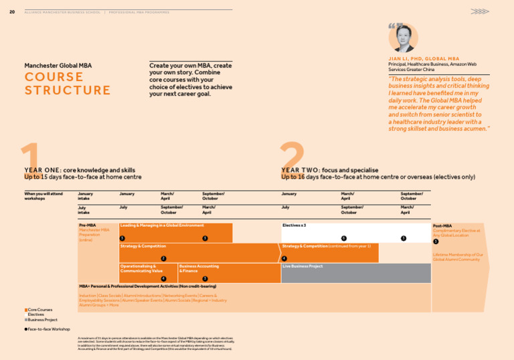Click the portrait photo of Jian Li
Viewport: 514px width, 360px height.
point(403,38)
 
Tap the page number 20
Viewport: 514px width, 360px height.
point(12,11)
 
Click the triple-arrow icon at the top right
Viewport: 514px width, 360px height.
point(479,11)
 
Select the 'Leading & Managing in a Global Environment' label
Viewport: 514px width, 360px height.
point(162,226)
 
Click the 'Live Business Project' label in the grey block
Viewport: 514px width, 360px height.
point(303,266)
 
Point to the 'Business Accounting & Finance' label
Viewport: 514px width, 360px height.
point(199,268)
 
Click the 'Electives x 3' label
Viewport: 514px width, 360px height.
point(294,226)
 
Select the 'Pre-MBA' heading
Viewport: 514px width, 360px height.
point(87,226)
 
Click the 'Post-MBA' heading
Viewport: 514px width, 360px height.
point(442,226)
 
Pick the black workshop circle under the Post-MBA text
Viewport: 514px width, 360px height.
point(436,242)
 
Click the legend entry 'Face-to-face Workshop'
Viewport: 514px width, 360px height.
point(48,329)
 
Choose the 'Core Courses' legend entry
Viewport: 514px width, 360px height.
point(40,310)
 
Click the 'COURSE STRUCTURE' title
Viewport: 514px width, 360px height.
point(68,84)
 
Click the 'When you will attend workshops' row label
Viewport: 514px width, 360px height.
point(44,196)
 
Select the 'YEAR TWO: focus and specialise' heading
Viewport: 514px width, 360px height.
point(330,171)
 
